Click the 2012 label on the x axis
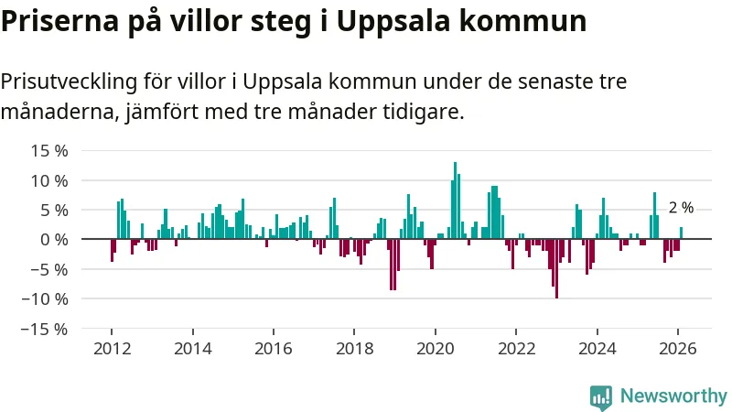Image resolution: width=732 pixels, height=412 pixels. (112, 349)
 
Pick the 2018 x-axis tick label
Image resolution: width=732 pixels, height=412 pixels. (354, 349)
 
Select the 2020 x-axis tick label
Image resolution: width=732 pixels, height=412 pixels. (435, 349)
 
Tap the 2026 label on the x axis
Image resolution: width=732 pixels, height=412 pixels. (677, 349)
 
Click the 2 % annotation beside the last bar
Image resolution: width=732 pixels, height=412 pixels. (681, 209)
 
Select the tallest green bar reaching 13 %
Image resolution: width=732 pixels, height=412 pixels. (455, 201)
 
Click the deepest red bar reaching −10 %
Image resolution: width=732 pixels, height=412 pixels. (556, 268)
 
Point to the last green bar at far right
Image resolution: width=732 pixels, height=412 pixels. (681, 233)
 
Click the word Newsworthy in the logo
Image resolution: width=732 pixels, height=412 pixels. (673, 396)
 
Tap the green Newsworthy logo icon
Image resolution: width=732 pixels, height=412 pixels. (601, 396)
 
